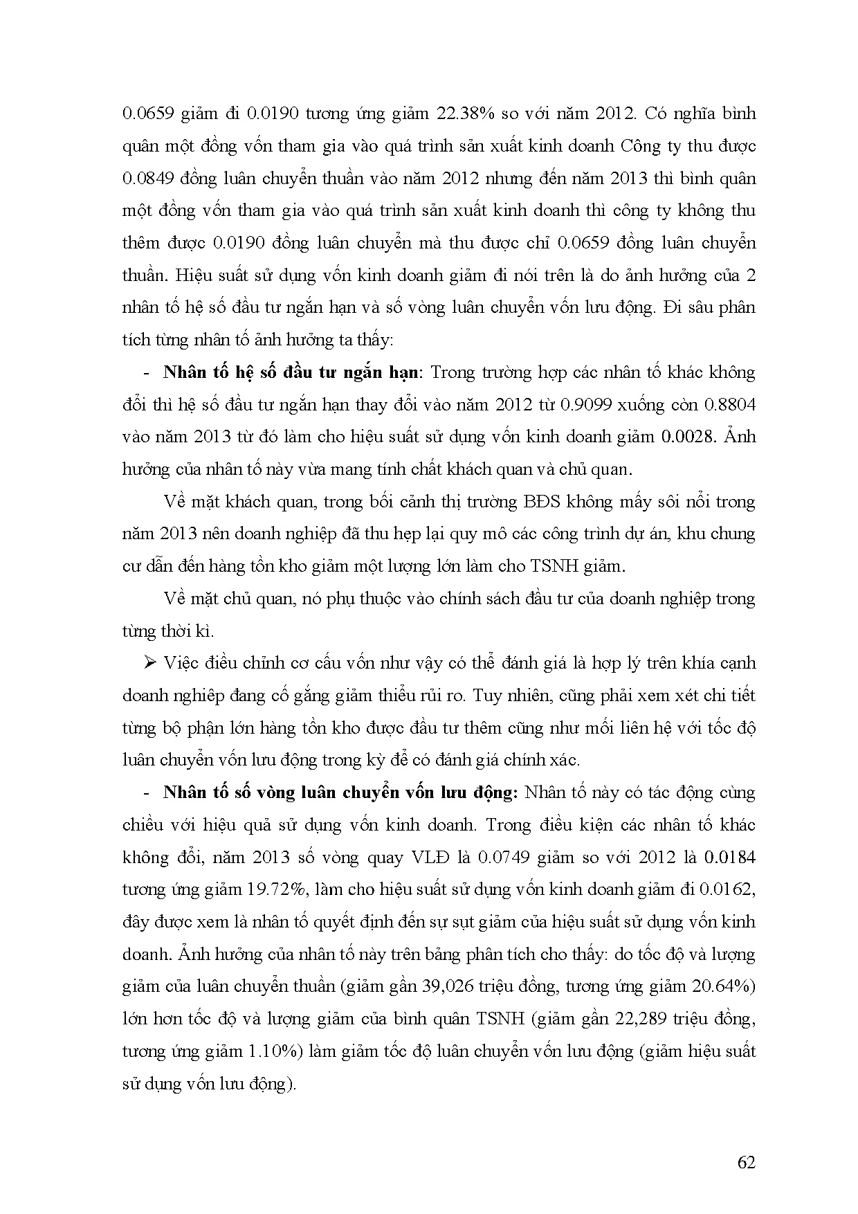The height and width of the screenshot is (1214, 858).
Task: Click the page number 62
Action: click(x=746, y=1162)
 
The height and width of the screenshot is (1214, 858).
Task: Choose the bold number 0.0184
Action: click(x=729, y=858)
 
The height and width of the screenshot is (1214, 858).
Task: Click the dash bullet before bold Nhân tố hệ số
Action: click(x=147, y=373)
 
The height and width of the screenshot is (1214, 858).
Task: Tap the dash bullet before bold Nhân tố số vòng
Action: click(x=147, y=793)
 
